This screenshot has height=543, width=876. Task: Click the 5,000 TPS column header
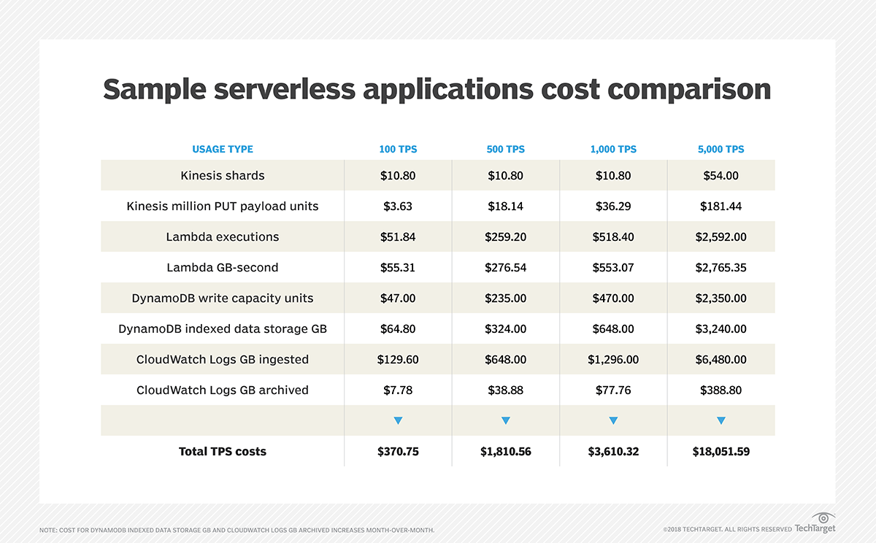[x=721, y=149]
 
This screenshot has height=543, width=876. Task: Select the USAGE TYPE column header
[x=223, y=149]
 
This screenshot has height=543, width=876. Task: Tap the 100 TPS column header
[x=398, y=149]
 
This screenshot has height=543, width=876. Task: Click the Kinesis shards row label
[x=223, y=175]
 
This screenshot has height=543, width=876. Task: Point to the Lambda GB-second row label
[x=223, y=267]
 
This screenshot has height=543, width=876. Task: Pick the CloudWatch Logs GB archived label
[x=223, y=390]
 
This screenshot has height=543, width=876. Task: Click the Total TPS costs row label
[x=223, y=451]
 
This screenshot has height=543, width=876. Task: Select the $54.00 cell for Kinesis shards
[x=721, y=175]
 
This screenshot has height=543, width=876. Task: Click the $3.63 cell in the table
[x=398, y=206]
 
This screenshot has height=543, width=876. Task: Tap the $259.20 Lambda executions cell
[x=505, y=236]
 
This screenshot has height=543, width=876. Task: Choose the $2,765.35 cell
[x=721, y=267]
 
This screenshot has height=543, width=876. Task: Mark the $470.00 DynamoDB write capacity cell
[x=613, y=298]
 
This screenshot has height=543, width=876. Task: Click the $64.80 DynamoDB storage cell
[x=398, y=328]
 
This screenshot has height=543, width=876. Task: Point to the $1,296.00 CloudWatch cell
[x=613, y=359]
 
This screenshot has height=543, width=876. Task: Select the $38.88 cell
[x=505, y=390]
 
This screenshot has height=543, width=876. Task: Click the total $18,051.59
[x=721, y=451]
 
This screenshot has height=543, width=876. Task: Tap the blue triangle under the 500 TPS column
[x=505, y=420]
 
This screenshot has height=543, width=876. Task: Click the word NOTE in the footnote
[x=50, y=529]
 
